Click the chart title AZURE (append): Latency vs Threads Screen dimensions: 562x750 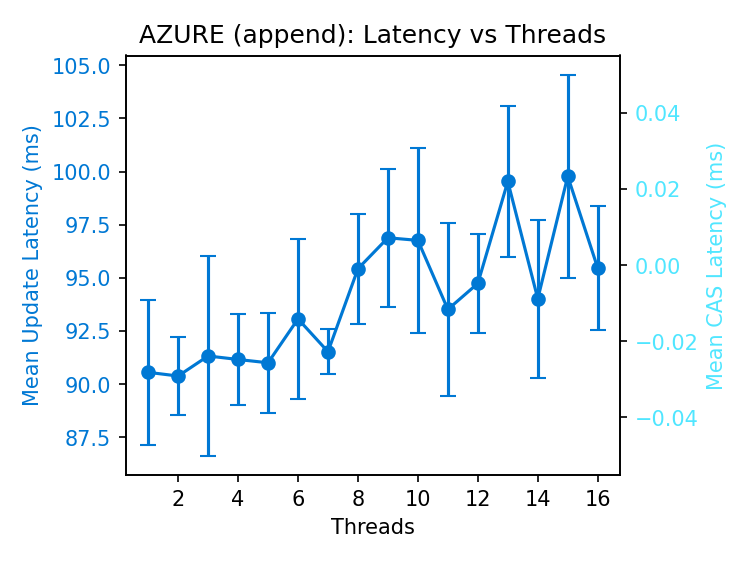click(x=372, y=35)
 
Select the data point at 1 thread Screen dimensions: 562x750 click(x=148, y=372)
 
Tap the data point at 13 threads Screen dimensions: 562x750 click(x=508, y=181)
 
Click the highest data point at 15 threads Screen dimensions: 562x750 click(x=568, y=176)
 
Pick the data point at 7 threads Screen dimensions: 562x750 click(x=328, y=352)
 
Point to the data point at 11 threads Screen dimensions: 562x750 click(x=448, y=309)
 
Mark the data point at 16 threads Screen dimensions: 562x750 click(x=598, y=268)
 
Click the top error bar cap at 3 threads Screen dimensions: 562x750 click(x=208, y=256)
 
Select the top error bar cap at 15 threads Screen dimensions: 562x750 click(x=568, y=75)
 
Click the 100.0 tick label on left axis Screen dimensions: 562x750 click(x=84, y=172)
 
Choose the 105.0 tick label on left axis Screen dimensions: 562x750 click(x=84, y=66)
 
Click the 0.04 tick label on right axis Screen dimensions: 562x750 click(x=657, y=113)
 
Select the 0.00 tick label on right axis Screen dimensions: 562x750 click(x=657, y=265)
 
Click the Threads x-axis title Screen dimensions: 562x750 click(x=372, y=527)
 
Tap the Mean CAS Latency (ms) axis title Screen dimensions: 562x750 click(x=715, y=266)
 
